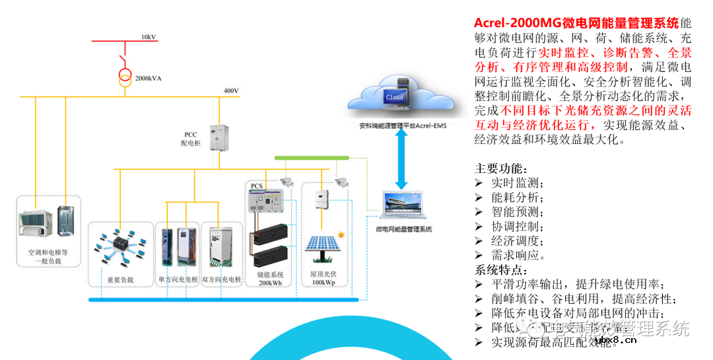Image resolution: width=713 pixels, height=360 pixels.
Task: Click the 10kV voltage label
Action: [x=149, y=36]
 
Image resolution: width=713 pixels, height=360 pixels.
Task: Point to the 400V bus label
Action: [x=231, y=90]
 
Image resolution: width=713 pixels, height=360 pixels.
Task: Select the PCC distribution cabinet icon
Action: [x=219, y=137]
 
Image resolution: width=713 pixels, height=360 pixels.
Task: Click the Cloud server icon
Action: [x=395, y=96]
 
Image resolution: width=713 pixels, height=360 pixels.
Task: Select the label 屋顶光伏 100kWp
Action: [x=323, y=278]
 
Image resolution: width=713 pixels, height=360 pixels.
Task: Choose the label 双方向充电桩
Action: [x=222, y=280]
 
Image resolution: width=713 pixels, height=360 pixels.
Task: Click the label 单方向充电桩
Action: [x=177, y=280]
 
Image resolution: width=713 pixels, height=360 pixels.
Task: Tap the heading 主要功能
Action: [x=501, y=168]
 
